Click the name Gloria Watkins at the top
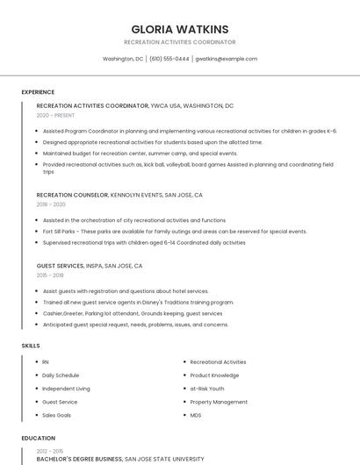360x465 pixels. [x=179, y=29]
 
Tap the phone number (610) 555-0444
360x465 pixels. [x=169, y=59]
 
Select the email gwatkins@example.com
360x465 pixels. [x=226, y=59]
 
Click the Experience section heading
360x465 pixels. [x=38, y=92]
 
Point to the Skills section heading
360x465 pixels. [x=31, y=346]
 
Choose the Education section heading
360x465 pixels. [x=38, y=438]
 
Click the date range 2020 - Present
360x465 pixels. [x=55, y=115]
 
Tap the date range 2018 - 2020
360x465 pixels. [x=51, y=204]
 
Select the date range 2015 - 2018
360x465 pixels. [x=51, y=275]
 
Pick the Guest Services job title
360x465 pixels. [x=60, y=266]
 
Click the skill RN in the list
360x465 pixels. [x=46, y=361]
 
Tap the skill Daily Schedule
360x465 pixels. [x=61, y=375]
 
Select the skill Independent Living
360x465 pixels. [x=66, y=388]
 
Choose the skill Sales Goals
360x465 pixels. [x=57, y=415]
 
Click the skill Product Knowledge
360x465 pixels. [x=214, y=375]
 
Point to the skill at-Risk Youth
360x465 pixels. [x=207, y=388]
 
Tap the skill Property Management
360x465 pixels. [x=219, y=402]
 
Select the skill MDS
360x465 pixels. [x=196, y=415]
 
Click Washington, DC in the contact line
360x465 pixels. [x=123, y=59]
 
